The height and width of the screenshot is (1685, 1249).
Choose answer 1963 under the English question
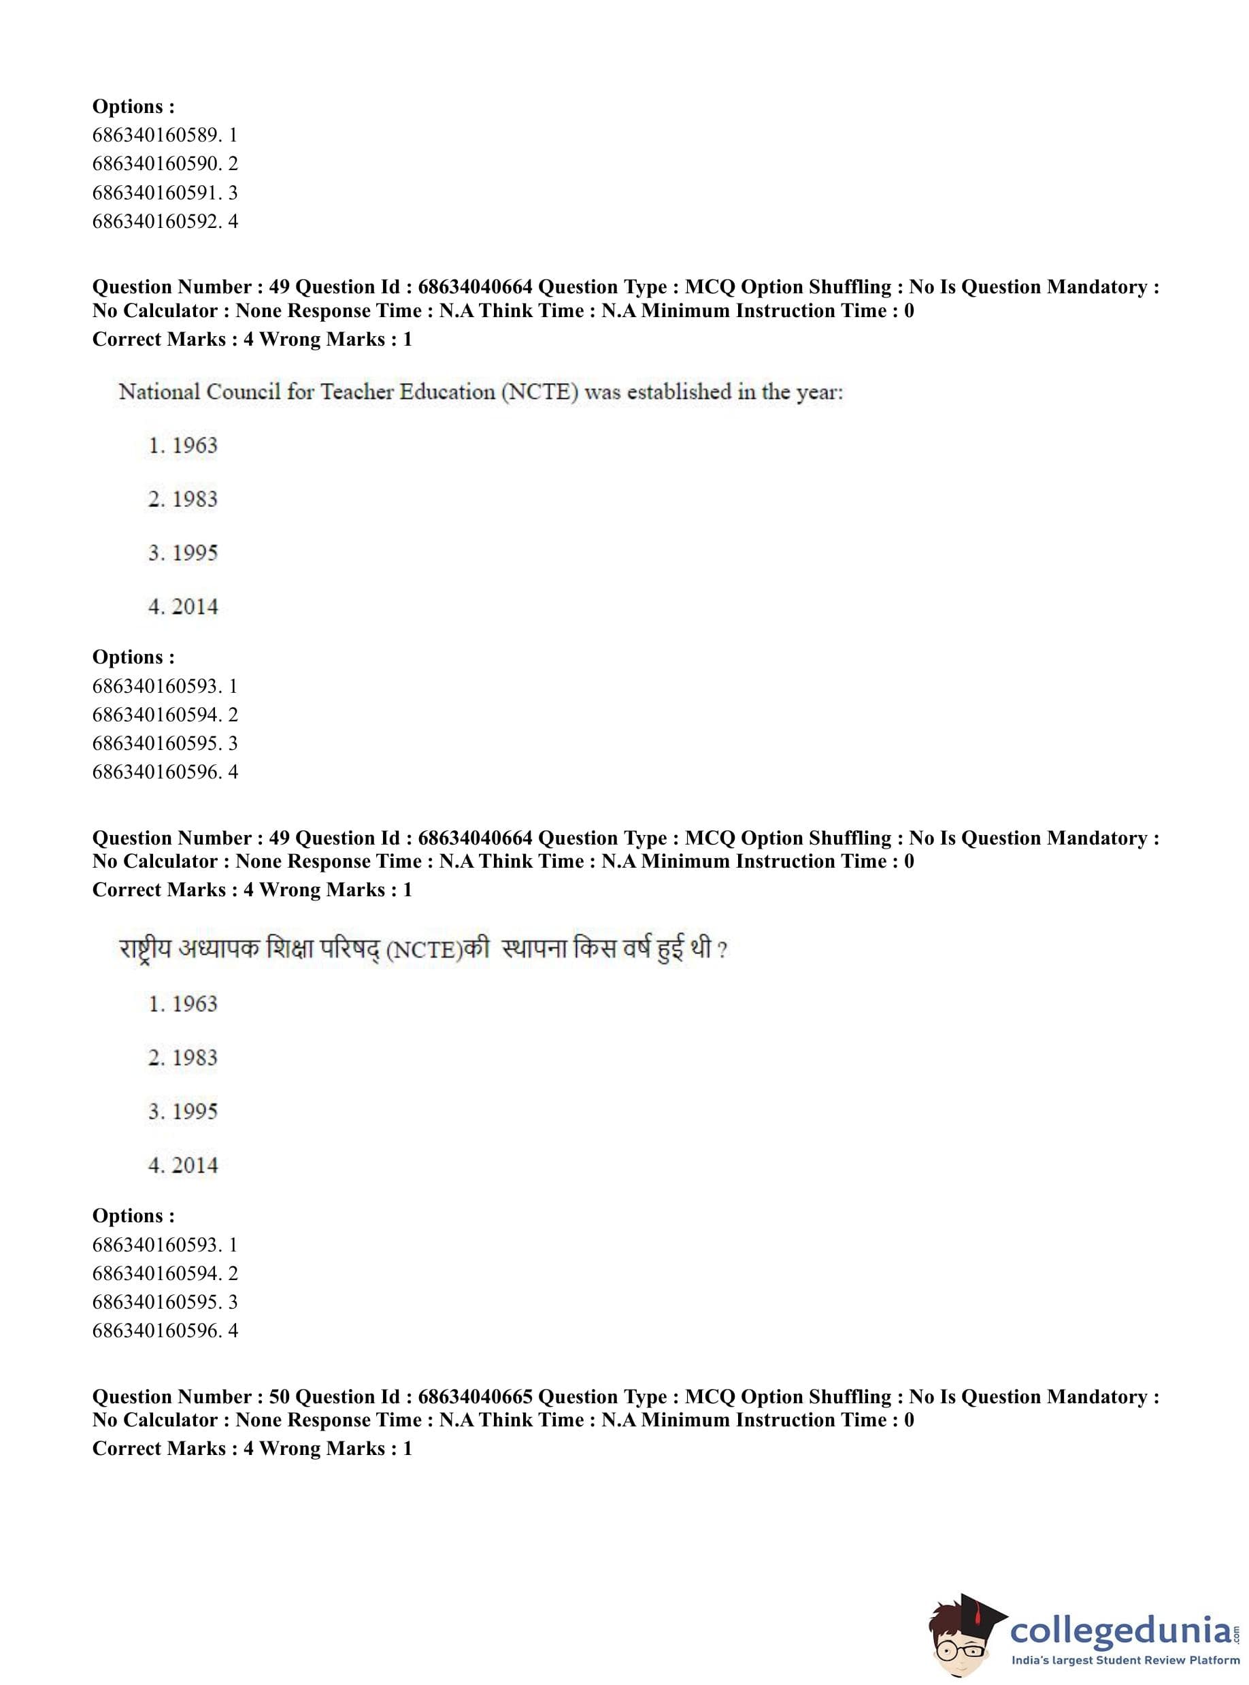point(195,446)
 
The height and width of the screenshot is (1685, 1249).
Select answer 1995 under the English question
point(195,553)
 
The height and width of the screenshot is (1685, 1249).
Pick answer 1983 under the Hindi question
point(195,1058)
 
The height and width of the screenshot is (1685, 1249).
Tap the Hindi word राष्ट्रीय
point(145,949)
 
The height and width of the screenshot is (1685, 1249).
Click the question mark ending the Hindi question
point(722,950)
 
